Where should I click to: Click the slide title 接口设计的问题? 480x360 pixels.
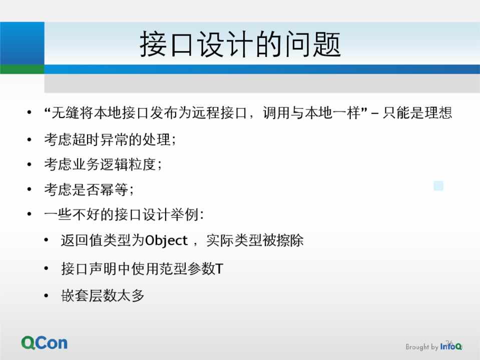[x=240, y=44]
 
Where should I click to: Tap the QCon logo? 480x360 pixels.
[x=45, y=343]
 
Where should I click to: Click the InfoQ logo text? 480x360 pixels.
[x=451, y=346]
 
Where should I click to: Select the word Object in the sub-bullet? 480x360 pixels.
[x=166, y=240]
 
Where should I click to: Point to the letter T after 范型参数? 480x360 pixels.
[x=219, y=269]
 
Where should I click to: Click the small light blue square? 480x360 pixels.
[x=438, y=185]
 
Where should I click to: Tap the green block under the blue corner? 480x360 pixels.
[x=22, y=69]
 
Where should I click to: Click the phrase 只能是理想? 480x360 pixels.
[x=417, y=112]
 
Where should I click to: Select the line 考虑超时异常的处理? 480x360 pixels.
[x=110, y=139]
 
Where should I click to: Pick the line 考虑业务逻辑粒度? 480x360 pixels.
[x=103, y=164]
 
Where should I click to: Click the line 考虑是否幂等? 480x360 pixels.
[x=89, y=189]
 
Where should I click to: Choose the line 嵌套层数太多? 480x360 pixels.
[x=103, y=295]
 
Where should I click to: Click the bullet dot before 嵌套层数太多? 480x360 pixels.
[x=46, y=295]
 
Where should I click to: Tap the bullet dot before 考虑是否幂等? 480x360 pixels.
[x=30, y=189]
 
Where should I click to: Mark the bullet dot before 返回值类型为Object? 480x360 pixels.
[x=46, y=240]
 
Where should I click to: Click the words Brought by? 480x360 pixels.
[x=422, y=347]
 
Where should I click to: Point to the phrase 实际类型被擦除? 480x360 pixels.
[x=255, y=240]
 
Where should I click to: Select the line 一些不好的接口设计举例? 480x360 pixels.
[x=124, y=214]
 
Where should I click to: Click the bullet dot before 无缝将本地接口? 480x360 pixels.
[x=30, y=112]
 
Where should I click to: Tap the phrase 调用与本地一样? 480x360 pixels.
[x=312, y=112]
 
